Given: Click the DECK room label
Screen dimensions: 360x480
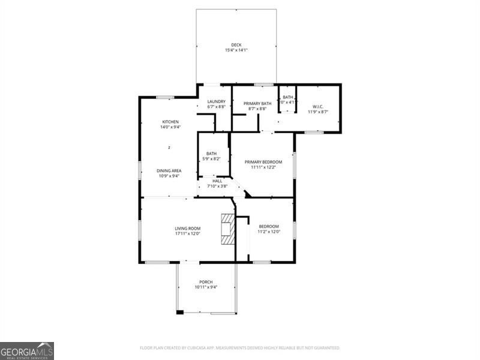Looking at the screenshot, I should pyautogui.click(x=236, y=45).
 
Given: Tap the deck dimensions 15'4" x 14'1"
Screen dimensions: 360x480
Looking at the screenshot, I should pyautogui.click(x=236, y=50).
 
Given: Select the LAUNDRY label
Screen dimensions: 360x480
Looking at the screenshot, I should pyautogui.click(x=216, y=101).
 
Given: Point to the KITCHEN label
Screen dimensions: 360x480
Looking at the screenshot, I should pyautogui.click(x=170, y=122).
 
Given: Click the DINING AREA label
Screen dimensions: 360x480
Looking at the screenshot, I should pyautogui.click(x=169, y=171).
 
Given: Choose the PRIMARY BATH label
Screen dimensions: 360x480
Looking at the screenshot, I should pyautogui.click(x=257, y=104).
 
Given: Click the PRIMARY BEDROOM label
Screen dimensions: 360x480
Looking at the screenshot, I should pyautogui.click(x=262, y=161).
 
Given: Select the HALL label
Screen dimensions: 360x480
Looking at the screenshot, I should pyautogui.click(x=217, y=181).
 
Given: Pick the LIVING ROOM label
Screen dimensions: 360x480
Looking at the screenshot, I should pyautogui.click(x=187, y=228).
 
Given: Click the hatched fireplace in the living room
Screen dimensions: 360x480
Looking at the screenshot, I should pyautogui.click(x=228, y=229).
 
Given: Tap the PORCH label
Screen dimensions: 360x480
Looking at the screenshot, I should pyautogui.click(x=206, y=282).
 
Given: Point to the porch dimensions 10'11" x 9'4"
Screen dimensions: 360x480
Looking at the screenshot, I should pyautogui.click(x=206, y=287).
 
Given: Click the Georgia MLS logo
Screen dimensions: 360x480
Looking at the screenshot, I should pyautogui.click(x=27, y=350).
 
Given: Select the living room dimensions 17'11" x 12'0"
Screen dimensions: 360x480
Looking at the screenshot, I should pyautogui.click(x=187, y=233).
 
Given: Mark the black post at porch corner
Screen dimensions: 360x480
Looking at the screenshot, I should pyautogui.click(x=179, y=312).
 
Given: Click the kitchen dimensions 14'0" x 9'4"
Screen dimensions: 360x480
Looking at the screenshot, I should pyautogui.click(x=170, y=127).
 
